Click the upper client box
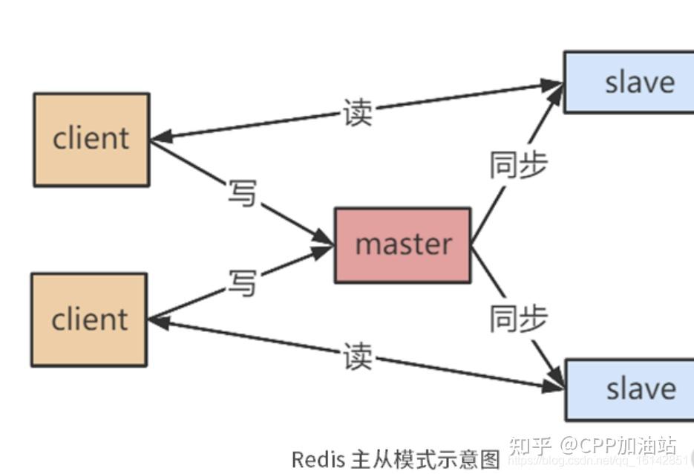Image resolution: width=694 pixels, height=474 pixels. tap(91, 139)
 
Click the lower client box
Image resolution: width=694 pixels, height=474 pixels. tap(89, 319)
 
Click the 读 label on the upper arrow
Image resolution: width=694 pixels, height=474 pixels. tap(357, 113)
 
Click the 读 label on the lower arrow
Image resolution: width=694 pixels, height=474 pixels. tap(357, 357)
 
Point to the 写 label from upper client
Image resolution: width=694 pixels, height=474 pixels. tap(241, 193)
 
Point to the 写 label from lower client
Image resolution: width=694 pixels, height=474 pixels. tap(241, 283)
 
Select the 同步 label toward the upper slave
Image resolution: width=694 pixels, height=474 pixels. tap(517, 165)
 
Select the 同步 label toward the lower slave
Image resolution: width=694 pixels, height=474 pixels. tap(517, 318)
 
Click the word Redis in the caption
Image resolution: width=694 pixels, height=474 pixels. tap(318, 459)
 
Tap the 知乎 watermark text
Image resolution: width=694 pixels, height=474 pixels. tap(530, 447)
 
